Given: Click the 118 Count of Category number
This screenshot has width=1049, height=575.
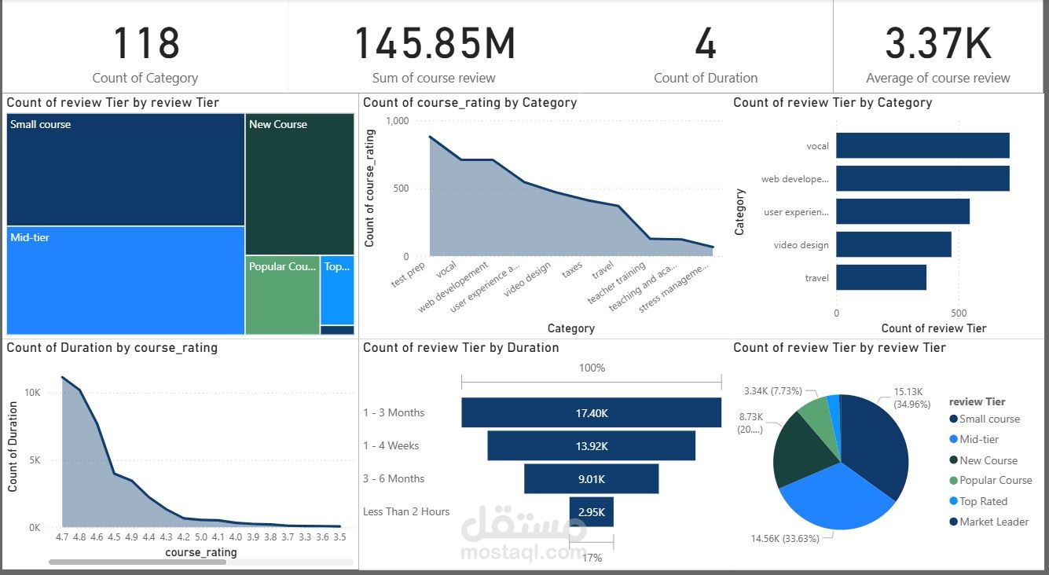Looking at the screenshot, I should [x=146, y=44].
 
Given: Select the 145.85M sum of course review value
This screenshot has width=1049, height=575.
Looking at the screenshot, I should [x=435, y=44].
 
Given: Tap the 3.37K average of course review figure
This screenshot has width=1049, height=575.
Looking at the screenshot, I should [x=938, y=44].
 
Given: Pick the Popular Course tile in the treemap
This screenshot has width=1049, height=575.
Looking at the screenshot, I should [x=282, y=295].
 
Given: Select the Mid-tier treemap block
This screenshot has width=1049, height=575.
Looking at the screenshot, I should [x=126, y=280].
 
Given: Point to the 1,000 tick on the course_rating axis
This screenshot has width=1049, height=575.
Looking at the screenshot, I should [x=398, y=121].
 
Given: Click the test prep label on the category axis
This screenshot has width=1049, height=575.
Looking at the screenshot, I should [x=409, y=276].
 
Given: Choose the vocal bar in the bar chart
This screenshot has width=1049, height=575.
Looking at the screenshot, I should [x=922, y=146].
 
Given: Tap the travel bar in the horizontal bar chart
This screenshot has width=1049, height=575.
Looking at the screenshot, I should [x=881, y=278].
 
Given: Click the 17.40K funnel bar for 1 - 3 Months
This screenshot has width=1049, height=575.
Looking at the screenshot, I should [x=591, y=412].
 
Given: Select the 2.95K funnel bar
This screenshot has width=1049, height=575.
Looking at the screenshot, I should [x=592, y=512].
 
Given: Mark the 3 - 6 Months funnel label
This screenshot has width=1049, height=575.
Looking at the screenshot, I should [x=394, y=478].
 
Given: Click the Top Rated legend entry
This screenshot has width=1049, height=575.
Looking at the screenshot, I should [x=983, y=501].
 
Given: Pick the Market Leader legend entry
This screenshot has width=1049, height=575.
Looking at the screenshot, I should [x=993, y=522].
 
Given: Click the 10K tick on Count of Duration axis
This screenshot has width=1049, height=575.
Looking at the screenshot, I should [x=32, y=392].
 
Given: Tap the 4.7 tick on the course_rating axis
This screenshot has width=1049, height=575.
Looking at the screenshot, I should [x=62, y=537].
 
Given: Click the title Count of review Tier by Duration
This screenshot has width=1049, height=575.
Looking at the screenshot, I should [x=461, y=348].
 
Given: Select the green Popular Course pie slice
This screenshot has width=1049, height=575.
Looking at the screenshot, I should [x=815, y=416].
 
